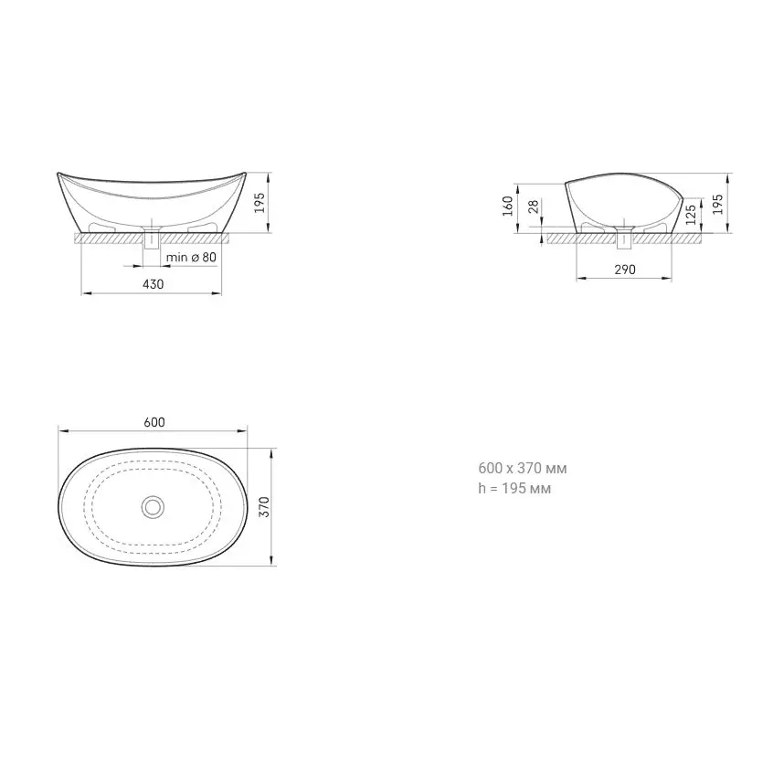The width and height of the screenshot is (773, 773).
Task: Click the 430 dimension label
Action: pyautogui.click(x=153, y=284)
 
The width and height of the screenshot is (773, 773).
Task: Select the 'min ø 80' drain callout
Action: pyautogui.click(x=191, y=258)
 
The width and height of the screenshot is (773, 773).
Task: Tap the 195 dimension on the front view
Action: pyautogui.click(x=259, y=203)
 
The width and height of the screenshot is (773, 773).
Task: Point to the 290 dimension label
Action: pyautogui.click(x=625, y=270)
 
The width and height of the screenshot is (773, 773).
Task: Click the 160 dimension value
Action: pyautogui.click(x=508, y=206)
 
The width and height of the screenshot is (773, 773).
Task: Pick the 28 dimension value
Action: pyautogui.click(x=534, y=206)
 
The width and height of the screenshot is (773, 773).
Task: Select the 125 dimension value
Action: pyautogui.click(x=691, y=215)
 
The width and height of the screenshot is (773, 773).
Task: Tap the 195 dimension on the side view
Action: pyautogui.click(x=718, y=204)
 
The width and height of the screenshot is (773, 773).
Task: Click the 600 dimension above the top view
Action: pyautogui.click(x=154, y=422)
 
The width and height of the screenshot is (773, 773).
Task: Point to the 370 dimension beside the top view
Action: pyautogui.click(x=265, y=507)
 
